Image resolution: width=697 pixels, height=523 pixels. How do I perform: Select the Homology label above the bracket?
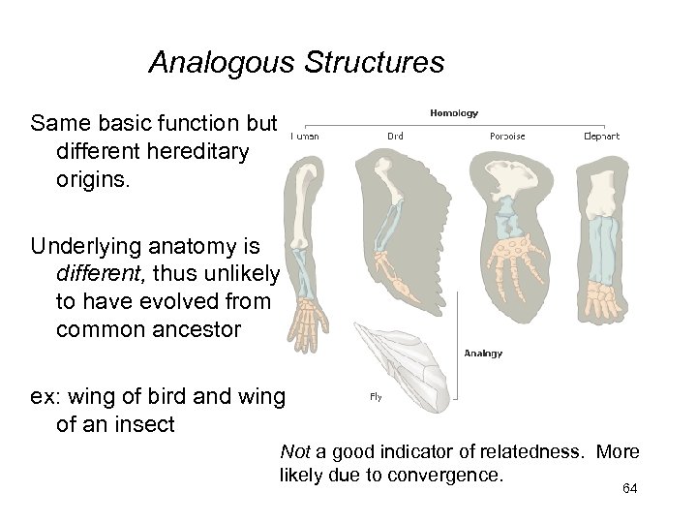pyautogui.click(x=454, y=113)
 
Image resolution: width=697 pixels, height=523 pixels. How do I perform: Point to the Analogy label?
pyautogui.click(x=483, y=354)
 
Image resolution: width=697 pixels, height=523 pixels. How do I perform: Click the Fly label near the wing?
pyautogui.click(x=376, y=396)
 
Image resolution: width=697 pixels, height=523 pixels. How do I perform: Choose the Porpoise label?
pyautogui.click(x=507, y=137)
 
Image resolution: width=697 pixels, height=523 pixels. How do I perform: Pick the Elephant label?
pyautogui.click(x=602, y=137)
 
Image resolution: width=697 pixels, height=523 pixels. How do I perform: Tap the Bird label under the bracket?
pyautogui.click(x=395, y=137)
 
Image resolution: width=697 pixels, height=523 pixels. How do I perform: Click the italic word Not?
pyautogui.click(x=293, y=452)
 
